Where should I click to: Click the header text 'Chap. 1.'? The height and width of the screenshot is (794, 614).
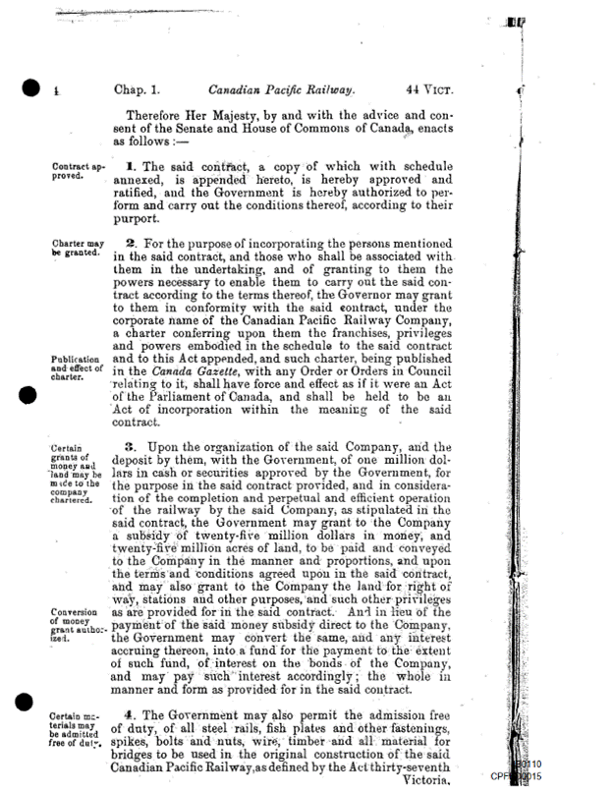pos(140,88)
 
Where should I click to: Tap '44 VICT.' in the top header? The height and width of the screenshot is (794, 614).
pos(423,88)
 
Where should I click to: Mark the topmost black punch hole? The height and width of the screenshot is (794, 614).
pos(32,89)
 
